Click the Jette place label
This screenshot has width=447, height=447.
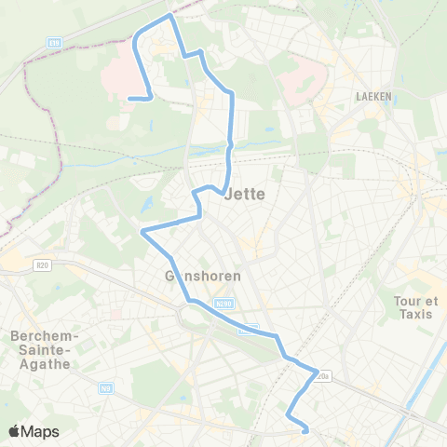[x=245, y=195]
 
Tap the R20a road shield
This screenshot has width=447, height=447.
[x=322, y=376]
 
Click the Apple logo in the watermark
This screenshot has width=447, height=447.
[x=15, y=431]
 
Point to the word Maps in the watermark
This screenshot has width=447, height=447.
[x=41, y=431]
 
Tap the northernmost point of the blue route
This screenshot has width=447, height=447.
[x=169, y=16]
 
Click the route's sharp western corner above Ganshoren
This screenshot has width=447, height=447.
[x=142, y=232]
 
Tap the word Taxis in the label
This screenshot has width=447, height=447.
[x=416, y=316]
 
